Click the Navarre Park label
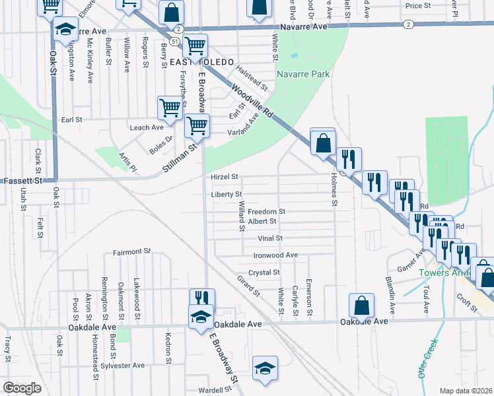[x=303, y=75]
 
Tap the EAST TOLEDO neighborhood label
[x=201, y=62]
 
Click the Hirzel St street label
[x=224, y=178]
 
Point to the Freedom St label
[x=266, y=212]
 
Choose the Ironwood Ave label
[x=275, y=255]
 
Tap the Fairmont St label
[x=132, y=251]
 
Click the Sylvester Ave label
[x=125, y=365]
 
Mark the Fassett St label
[x=23, y=180]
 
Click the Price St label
[x=418, y=6]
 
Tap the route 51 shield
[x=173, y=41]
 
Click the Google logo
[x=22, y=388]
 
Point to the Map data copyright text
[x=466, y=391]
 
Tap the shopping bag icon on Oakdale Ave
[x=361, y=306]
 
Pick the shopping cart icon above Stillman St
[x=197, y=125]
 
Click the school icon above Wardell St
[x=265, y=368]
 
